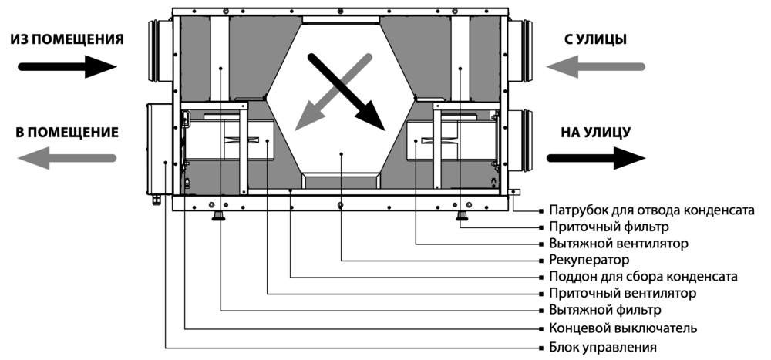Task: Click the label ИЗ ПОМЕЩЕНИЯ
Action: click(x=66, y=39)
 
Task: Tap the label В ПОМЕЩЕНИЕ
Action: click(x=66, y=133)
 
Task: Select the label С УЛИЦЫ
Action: click(x=595, y=39)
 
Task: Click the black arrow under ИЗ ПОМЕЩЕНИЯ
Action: click(x=66, y=67)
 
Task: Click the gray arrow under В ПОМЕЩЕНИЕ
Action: click(x=66, y=158)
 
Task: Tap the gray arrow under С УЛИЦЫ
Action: click(x=595, y=67)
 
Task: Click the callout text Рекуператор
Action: click(x=590, y=259)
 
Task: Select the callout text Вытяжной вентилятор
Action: click(x=619, y=243)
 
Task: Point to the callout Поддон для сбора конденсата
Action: click(x=645, y=276)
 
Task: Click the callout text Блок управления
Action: click(x=602, y=345)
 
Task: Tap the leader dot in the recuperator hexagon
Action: click(x=341, y=154)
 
